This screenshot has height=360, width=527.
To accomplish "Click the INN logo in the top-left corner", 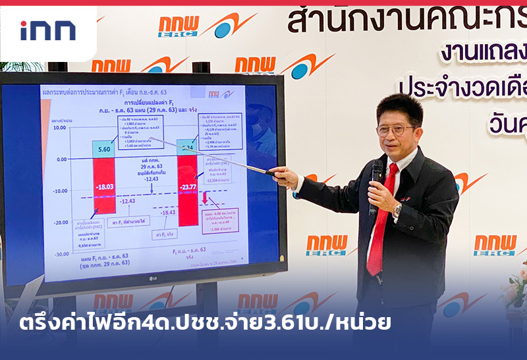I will (x=47, y=30).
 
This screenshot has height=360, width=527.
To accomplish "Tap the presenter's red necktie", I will (x=383, y=218).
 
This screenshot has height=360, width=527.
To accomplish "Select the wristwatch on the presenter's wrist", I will (x=397, y=209).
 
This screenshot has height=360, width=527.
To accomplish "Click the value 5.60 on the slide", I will (x=104, y=150).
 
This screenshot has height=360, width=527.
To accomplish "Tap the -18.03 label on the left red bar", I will (x=104, y=187).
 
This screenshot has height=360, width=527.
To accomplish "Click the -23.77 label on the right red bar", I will (x=188, y=187).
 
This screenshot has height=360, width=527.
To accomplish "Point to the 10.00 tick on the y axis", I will (x=60, y=128).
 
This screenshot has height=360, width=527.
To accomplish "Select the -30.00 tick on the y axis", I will (x=61, y=254).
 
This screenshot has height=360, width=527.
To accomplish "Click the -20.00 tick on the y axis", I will (x=61, y=222).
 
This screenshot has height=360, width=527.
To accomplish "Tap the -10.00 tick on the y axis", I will (x=61, y=191).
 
